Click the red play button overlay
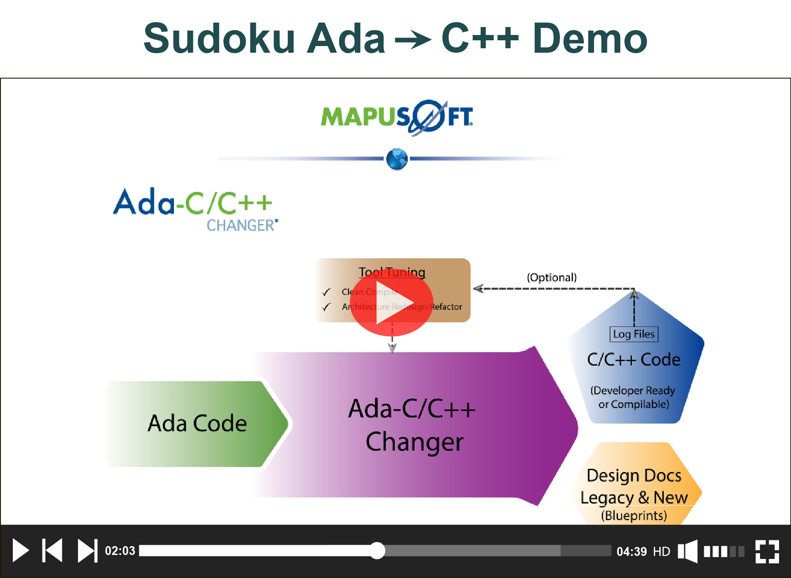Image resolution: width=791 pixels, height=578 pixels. point(392,302)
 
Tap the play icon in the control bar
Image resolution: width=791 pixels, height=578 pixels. point(20,551)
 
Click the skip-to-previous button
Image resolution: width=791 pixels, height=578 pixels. point(52,551)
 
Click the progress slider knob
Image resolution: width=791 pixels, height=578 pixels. point(377,551)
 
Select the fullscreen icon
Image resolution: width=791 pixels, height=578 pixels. point(767,551)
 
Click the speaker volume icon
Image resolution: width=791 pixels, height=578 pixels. point(688,551)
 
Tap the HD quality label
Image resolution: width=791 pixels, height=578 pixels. point(661,551)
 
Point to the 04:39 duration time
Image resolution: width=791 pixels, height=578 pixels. point(632,551)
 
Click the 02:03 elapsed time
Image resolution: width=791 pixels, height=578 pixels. point(120,551)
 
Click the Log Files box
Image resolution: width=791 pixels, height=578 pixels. point(634,334)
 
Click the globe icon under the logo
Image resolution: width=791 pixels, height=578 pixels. point(397,159)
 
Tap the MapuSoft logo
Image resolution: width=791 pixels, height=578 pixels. point(397,117)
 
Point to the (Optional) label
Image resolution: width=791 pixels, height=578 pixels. point(552,277)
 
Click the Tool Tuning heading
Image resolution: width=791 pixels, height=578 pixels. point(392,272)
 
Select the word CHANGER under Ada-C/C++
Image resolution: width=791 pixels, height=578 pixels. point(241,225)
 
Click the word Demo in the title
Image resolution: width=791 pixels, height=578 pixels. point(590,39)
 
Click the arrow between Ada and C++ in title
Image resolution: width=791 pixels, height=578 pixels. point(413,40)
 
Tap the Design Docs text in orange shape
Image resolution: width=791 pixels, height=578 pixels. point(634,475)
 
